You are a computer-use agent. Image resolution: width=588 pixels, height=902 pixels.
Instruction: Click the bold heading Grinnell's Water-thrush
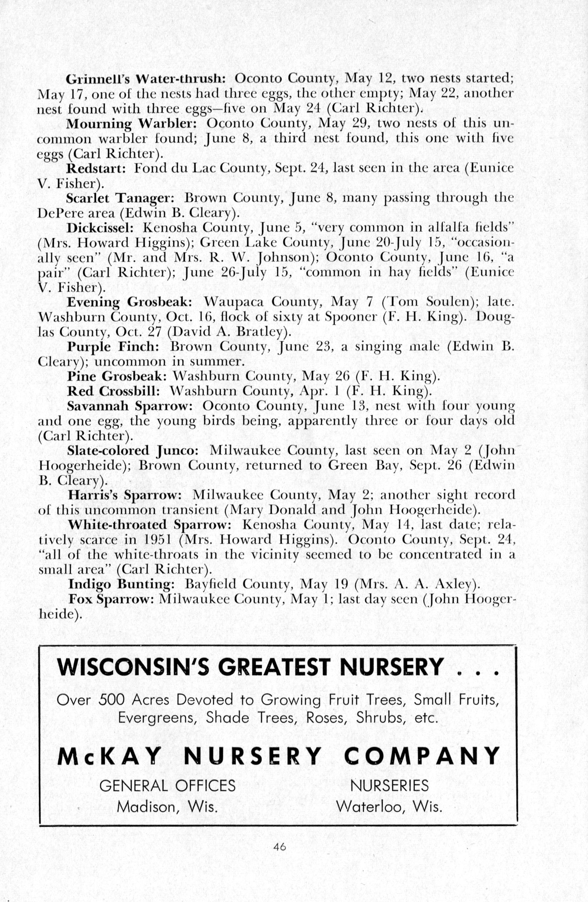(146, 79)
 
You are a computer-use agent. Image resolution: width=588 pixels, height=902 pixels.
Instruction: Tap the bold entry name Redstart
(96, 168)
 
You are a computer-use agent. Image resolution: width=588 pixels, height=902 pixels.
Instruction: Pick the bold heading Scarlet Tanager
(120, 198)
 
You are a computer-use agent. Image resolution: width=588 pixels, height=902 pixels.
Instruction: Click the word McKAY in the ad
(109, 756)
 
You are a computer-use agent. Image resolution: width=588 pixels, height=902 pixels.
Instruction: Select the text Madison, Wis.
(167, 806)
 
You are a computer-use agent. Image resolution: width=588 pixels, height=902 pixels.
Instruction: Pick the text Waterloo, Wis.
(389, 806)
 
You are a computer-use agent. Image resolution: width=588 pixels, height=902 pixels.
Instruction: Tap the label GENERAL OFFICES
(167, 785)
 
